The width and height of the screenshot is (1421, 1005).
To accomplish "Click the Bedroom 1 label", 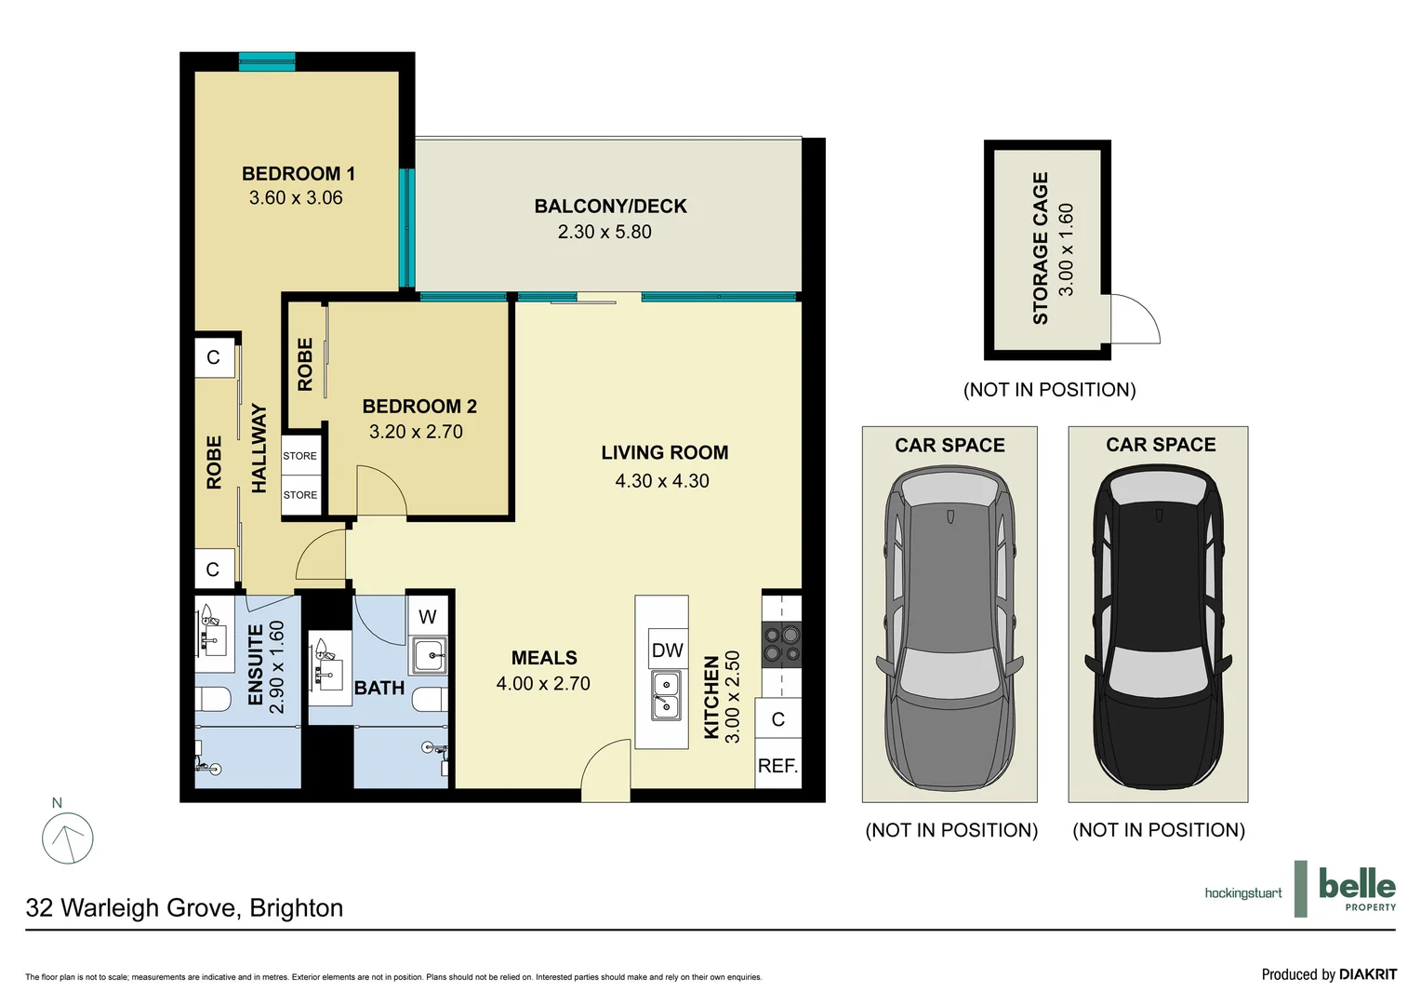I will (298, 174).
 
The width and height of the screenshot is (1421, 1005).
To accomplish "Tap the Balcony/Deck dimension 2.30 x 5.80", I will (604, 232).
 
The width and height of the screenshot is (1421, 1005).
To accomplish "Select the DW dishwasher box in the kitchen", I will (667, 650).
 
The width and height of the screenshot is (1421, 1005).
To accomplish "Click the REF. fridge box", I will (777, 766).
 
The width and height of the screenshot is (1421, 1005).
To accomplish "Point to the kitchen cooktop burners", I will (781, 644).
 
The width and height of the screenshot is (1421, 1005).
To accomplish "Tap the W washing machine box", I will (428, 616).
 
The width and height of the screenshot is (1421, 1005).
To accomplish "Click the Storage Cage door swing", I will (1133, 319).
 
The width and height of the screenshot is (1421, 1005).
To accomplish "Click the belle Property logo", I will (1356, 889).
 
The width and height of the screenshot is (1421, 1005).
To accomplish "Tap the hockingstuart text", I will (1242, 893).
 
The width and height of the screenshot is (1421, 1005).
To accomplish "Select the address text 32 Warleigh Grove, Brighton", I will (184, 908).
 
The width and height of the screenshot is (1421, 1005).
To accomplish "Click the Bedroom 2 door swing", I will (379, 490).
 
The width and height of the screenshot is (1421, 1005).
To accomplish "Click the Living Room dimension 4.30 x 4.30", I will (661, 481).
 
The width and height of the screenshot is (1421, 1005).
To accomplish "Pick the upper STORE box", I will (300, 456).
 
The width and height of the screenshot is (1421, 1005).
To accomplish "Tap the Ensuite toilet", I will (214, 698).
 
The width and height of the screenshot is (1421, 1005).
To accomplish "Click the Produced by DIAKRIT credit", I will (1328, 974).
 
